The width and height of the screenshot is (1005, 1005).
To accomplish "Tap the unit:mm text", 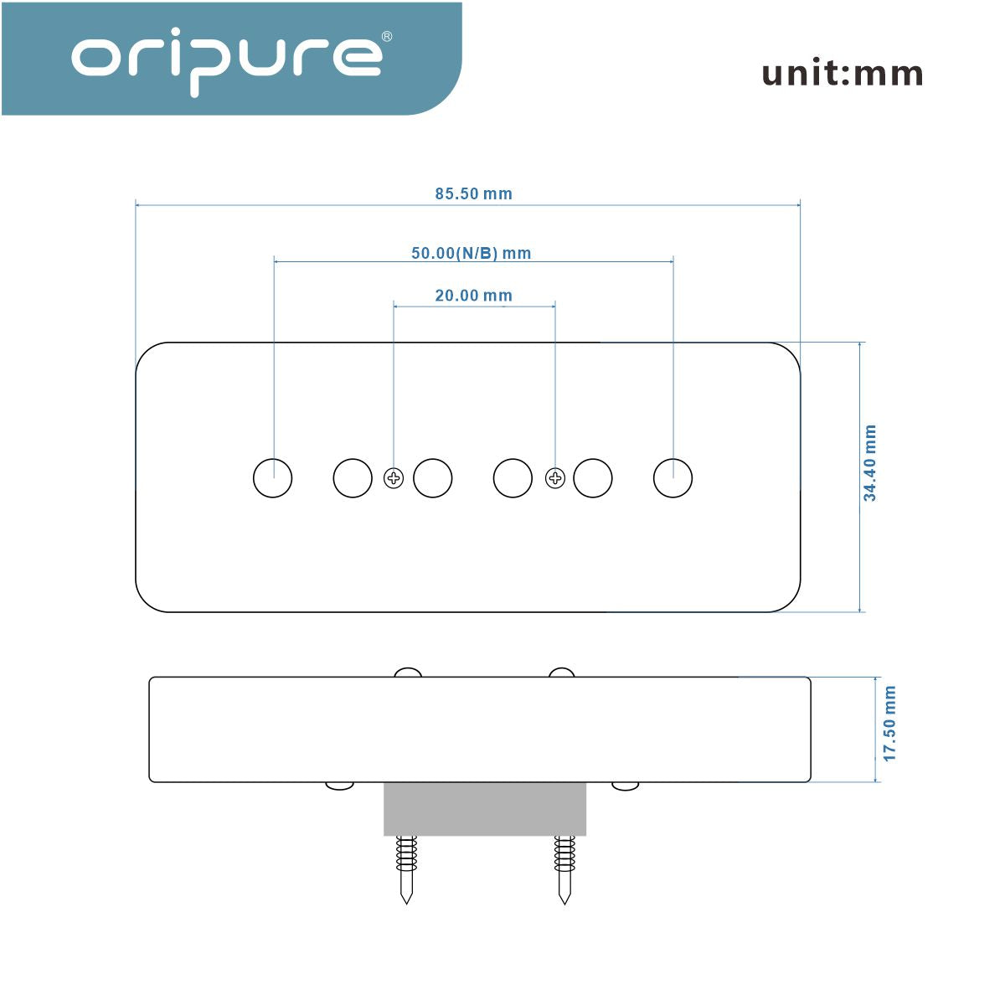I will (x=842, y=74).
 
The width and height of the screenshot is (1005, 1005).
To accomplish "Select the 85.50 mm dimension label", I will (x=473, y=193).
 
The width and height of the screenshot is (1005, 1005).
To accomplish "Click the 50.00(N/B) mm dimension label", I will (x=471, y=253).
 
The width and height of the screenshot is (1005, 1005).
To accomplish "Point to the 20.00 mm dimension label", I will (x=473, y=296).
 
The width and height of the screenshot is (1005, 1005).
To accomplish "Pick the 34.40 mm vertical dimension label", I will (x=870, y=463).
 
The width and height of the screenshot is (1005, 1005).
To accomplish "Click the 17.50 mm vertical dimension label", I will (x=889, y=724).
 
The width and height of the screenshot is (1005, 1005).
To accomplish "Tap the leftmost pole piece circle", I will (x=273, y=478).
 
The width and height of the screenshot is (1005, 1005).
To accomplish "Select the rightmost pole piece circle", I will (x=673, y=478).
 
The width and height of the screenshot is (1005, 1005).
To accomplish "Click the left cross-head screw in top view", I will (x=393, y=479).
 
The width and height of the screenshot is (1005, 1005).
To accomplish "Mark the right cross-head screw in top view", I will (x=555, y=479).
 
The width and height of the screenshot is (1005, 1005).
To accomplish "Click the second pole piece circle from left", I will (x=353, y=478).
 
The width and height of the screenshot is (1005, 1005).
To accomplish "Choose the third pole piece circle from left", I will (x=433, y=478).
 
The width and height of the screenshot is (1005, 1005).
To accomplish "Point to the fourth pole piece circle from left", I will (x=513, y=478).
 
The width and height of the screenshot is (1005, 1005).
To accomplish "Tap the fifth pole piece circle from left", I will (x=593, y=478).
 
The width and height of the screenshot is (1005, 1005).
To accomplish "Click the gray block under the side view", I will (x=485, y=809).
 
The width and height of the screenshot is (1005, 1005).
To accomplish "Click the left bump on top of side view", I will (x=408, y=672).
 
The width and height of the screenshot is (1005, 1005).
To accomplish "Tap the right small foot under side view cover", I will (x=625, y=786).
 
